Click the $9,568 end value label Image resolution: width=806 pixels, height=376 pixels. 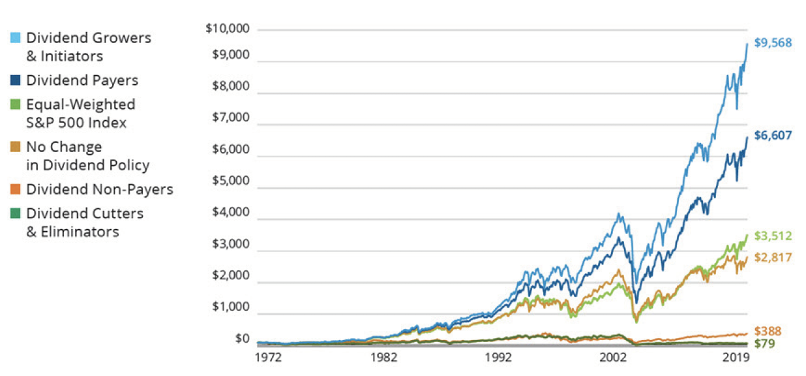click(x=773, y=43)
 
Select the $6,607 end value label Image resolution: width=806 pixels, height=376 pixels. click(x=773, y=136)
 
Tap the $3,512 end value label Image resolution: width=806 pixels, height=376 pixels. click(x=773, y=236)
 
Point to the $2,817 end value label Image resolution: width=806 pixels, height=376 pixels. click(x=773, y=257)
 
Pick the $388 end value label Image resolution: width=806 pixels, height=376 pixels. click(x=768, y=331)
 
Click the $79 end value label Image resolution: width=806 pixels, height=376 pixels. click(x=764, y=343)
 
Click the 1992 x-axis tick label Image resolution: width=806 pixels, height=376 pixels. click(x=498, y=358)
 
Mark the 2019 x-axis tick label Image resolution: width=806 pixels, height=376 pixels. click(x=735, y=358)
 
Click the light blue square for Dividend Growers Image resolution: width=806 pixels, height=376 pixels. click(x=16, y=38)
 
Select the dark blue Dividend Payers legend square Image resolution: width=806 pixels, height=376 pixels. click(x=16, y=80)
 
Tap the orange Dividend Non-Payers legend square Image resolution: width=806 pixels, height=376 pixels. click(x=16, y=189)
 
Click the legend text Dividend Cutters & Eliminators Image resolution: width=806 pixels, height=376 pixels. click(x=85, y=222)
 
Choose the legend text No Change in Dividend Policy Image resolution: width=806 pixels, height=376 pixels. click(x=87, y=156)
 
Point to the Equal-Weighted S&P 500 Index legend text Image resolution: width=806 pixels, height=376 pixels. click(x=81, y=114)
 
